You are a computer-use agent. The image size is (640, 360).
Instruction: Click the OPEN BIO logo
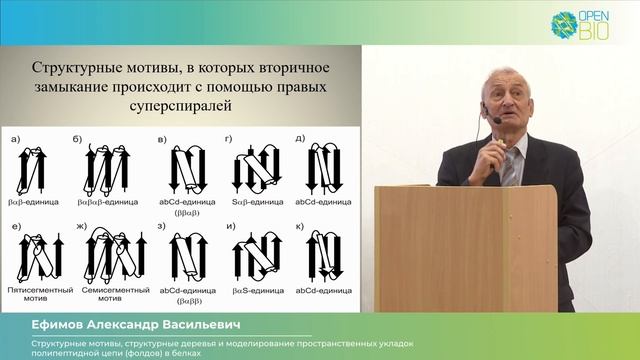pyautogui.click(x=587, y=24)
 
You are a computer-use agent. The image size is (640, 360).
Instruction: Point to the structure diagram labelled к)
pyautogui.click(x=322, y=255)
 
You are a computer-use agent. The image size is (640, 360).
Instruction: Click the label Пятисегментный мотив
pyautogui.click(x=36, y=290)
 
